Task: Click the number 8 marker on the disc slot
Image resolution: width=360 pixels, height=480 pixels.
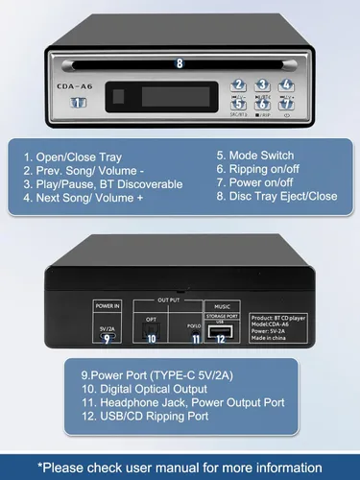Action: coord(179,62)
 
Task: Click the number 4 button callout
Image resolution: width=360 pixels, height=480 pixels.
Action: coord(286,84)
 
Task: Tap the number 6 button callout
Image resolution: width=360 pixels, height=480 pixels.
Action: coord(262,104)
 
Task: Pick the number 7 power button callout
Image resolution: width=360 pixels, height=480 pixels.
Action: coord(286,104)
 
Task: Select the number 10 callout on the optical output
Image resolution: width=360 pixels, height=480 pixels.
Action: coord(151,338)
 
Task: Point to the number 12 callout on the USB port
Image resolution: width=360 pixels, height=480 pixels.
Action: coord(221,337)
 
